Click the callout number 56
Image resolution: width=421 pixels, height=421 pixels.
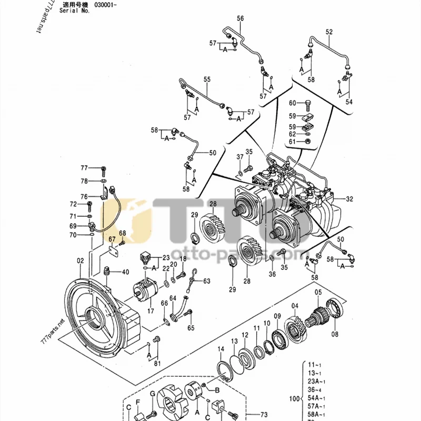240,18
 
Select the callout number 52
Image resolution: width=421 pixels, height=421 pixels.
329,32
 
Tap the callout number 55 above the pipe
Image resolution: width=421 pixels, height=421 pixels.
207,79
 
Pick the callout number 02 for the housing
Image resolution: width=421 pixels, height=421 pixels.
81,260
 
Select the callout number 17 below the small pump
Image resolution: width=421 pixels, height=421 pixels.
151,311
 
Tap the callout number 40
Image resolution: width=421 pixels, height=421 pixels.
125,272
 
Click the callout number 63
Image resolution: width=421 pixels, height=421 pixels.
206,280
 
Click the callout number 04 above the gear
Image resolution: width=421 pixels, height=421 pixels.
295,306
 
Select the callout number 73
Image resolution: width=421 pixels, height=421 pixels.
264,415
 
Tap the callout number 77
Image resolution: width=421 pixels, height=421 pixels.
84,168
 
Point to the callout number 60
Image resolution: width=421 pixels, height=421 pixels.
293,103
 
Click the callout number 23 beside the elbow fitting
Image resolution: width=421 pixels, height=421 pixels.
166,257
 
